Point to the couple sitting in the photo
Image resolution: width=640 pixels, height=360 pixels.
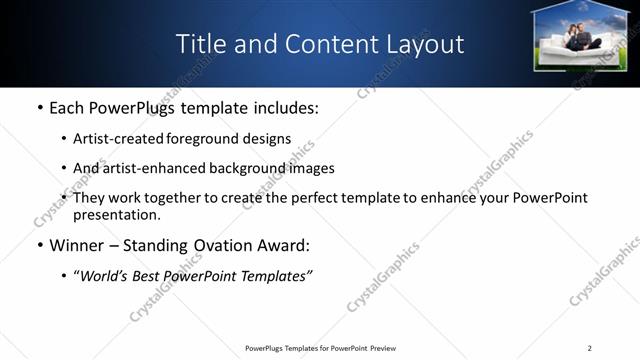coord(581,37)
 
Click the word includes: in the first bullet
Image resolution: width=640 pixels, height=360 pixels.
coord(284,107)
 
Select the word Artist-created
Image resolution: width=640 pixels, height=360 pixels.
coord(119,139)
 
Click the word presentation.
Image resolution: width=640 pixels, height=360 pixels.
coord(117,214)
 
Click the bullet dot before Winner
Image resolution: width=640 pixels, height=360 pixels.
coord(39,245)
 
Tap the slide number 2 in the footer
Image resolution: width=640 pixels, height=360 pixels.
coord(589,348)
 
